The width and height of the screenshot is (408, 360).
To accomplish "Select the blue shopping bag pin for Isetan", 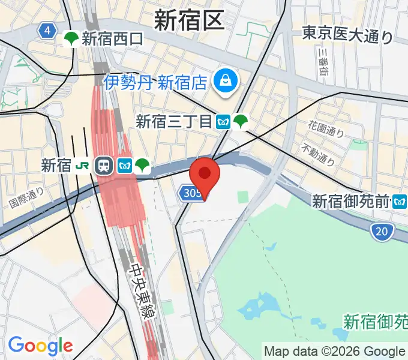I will pyautogui.click(x=226, y=80).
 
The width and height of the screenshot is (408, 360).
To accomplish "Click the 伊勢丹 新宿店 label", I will pyautogui.click(x=155, y=82).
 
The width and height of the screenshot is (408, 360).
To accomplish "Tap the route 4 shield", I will pyautogui.click(x=46, y=31).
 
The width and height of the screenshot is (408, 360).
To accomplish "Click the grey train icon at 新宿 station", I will pyautogui.click(x=104, y=166).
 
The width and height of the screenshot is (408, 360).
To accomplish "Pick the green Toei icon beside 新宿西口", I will pyautogui.click(x=71, y=40).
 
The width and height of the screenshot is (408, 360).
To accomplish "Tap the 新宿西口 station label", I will pyautogui.click(x=113, y=40).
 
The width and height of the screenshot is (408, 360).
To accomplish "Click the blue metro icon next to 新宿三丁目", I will pyautogui.click(x=224, y=122).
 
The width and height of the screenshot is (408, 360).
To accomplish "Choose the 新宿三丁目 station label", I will pyautogui.click(x=174, y=122).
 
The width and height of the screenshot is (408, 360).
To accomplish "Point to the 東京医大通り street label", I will pyautogui.click(x=347, y=35).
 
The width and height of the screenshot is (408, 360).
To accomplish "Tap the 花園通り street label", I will pyautogui.click(x=326, y=128).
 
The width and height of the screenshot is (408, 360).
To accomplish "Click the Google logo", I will pyautogui.click(x=40, y=345).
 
